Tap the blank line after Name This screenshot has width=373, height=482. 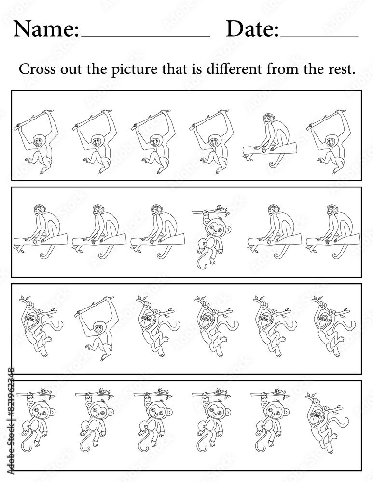tap(145, 37)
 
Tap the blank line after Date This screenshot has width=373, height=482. tap(319, 37)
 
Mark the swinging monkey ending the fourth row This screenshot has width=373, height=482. tap(327, 423)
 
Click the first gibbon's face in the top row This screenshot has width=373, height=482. tap(38, 142)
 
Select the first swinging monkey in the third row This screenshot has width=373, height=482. tap(40, 326)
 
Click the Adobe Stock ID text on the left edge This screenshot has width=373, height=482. tap(11, 424)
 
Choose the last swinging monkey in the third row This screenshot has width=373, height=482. tap(333, 326)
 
